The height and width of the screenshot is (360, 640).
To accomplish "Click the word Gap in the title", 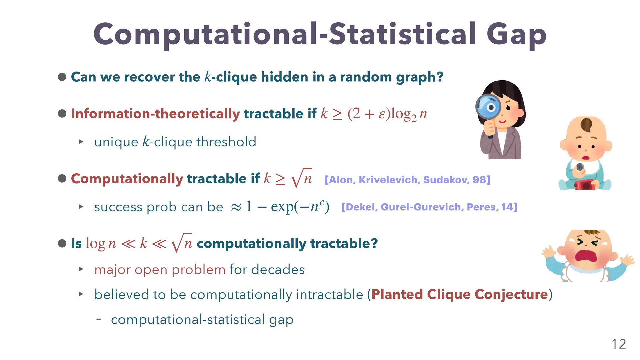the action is coord(516,35).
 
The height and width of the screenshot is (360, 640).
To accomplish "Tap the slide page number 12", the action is coord(619,344).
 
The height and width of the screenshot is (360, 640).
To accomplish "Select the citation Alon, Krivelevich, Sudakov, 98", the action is coord(407,180).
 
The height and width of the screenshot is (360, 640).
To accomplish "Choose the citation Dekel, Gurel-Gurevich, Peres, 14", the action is coord(429,207).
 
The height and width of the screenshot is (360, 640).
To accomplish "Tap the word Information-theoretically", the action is coord(155,114).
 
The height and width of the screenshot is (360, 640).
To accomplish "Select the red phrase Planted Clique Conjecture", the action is coord(460,294).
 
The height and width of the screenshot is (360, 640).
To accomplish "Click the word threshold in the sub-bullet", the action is coord(226,142).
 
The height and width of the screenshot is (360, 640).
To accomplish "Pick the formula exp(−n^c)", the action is coord(300,207).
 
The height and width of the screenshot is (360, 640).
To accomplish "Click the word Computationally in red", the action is coord(127,179).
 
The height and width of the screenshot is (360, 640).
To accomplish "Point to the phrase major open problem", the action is coord(160,270).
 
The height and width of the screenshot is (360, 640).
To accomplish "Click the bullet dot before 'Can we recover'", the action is coord(62,77).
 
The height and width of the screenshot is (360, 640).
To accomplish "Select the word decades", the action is coord(278,269).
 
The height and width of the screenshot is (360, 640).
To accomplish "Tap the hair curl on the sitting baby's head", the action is coord(586,125).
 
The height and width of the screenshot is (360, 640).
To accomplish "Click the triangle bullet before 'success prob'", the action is coord(81,207).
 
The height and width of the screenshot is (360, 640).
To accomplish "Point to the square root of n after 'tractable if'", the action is coord(301,178).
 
